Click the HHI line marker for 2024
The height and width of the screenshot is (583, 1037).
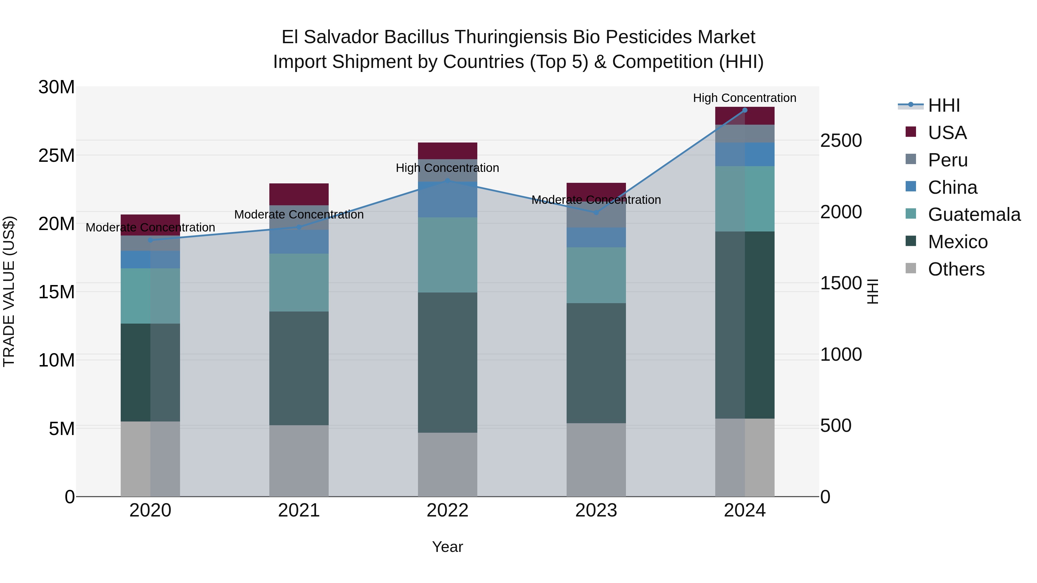pos(744,110)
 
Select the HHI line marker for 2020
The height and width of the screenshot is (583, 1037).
pos(150,240)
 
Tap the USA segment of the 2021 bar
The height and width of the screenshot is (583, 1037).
pos(299,194)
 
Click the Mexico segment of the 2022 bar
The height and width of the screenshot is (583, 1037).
pos(447,362)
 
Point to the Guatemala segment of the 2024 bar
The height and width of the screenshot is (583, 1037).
pos(744,199)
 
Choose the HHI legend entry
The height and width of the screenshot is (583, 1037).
pos(944,105)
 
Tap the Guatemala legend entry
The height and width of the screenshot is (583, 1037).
pos(974,214)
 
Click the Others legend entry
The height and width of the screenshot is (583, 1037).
pos(956,269)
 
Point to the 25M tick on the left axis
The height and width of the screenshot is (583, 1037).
pos(56,155)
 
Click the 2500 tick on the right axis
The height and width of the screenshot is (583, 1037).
pos(841,141)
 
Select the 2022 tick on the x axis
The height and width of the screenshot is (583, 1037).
pos(447,510)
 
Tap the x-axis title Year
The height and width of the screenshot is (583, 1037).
pos(447,547)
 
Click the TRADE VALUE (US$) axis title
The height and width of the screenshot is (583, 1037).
pos(9,291)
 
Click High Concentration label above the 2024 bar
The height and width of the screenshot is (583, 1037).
pos(744,98)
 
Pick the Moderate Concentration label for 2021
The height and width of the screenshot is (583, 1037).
pos(299,214)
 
